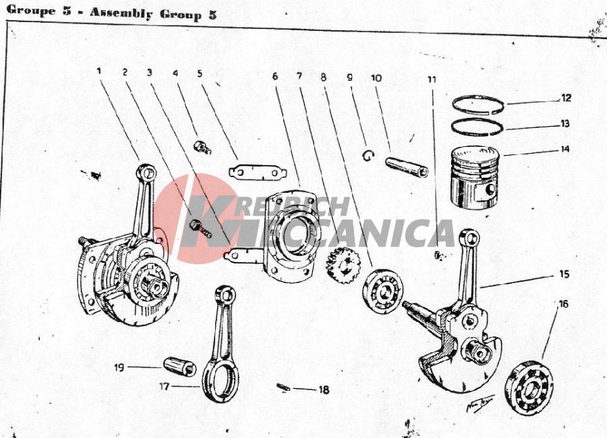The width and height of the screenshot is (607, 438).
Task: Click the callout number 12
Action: tap(566, 98)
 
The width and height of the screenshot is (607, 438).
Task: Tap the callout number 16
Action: tap(563, 304)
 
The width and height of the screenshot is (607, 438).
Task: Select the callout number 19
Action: tap(119, 367)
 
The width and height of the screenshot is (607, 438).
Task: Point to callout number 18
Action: tap(324, 389)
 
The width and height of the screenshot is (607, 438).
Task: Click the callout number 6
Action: tap(275, 76)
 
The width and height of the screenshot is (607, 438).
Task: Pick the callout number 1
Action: tap(99, 71)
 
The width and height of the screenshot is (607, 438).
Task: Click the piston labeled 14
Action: tap(475, 178)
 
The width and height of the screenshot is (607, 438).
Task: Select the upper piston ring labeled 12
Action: tap(479, 96)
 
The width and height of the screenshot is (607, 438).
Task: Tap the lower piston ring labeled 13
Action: tap(478, 119)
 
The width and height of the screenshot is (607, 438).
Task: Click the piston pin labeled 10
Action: tap(407, 167)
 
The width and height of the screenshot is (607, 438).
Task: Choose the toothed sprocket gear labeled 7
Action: tap(343, 265)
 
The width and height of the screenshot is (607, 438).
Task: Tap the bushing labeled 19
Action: tap(179, 366)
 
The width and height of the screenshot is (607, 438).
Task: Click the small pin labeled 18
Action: tap(284, 387)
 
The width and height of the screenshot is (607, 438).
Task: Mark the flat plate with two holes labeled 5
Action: tap(258, 173)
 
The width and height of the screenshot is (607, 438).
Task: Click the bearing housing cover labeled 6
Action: tap(290, 236)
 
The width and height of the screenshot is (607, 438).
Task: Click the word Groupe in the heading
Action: tap(31, 10)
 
